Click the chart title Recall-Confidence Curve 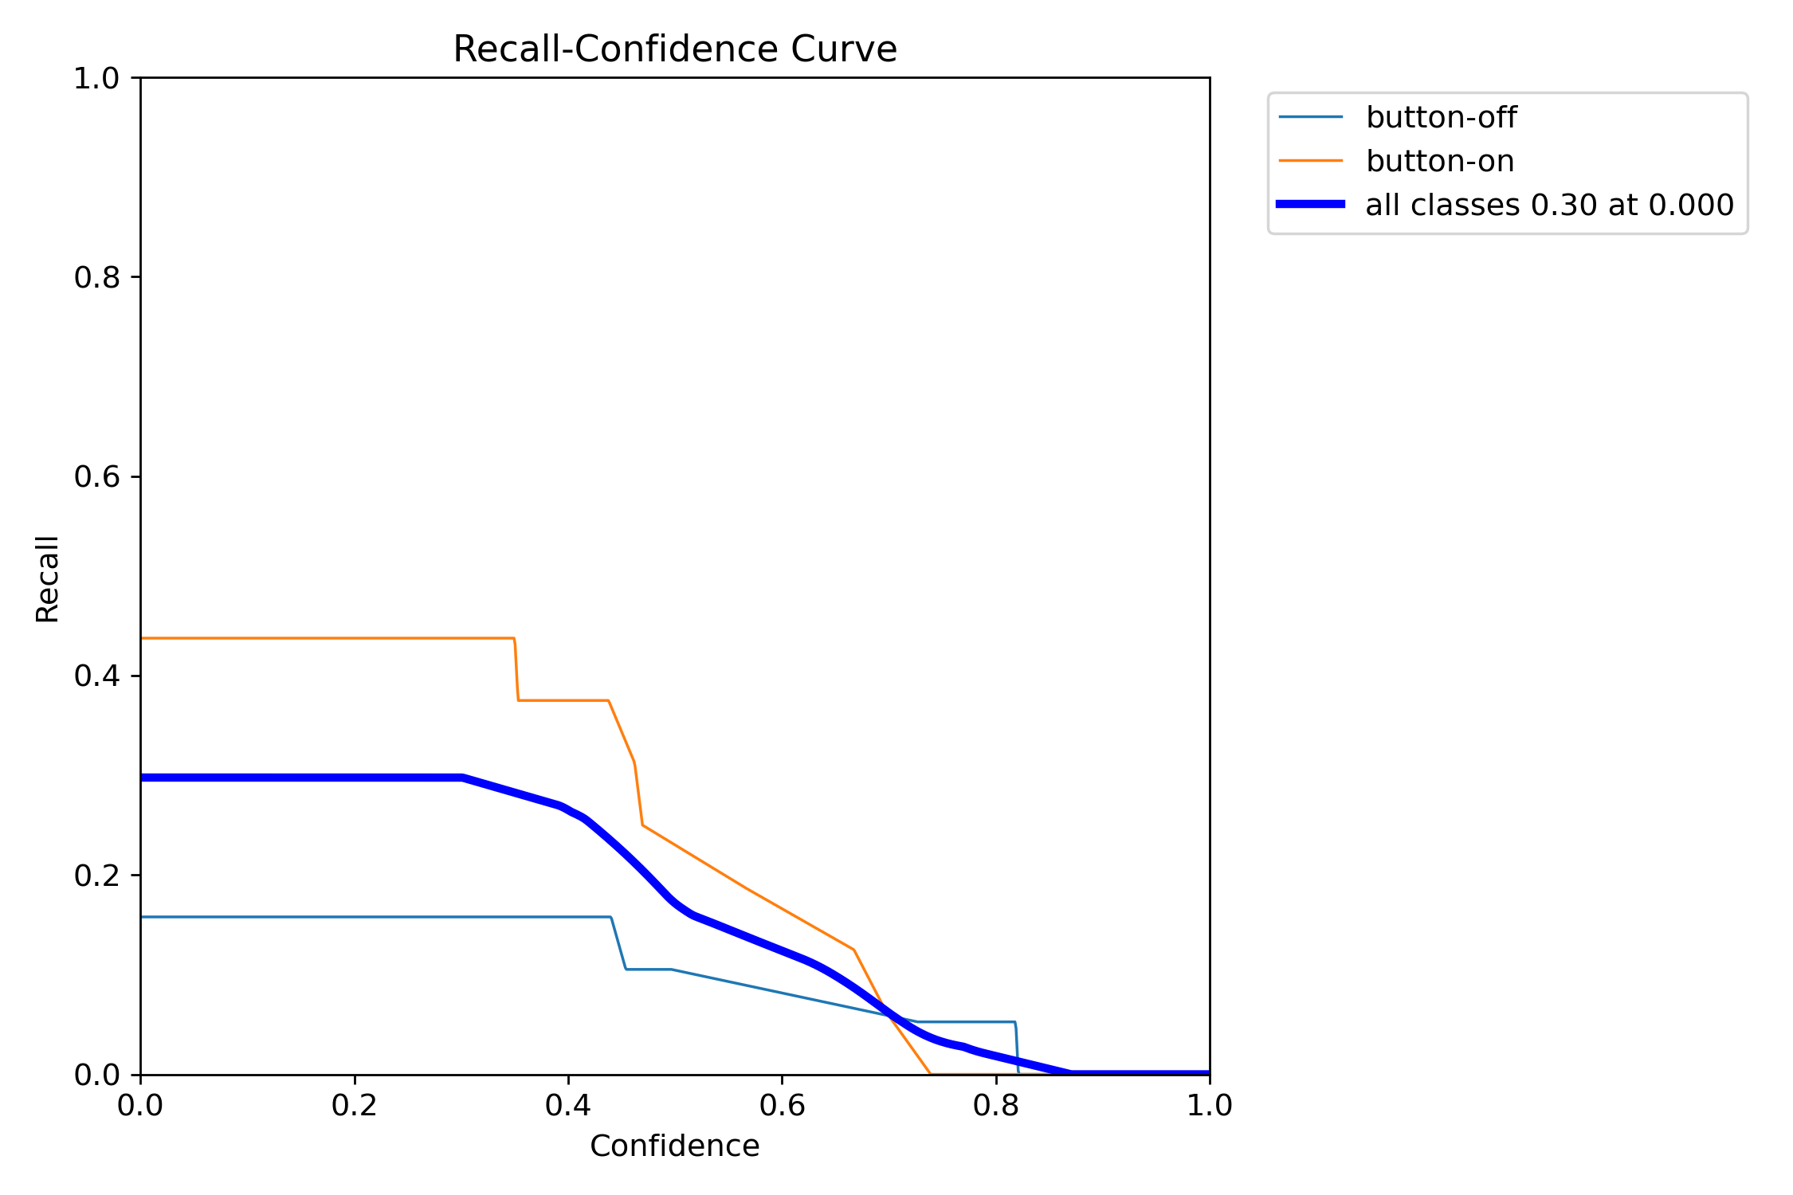click(x=674, y=49)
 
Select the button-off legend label click(x=1441, y=118)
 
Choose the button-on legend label click(x=1439, y=162)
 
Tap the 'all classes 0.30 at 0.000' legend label click(x=1549, y=206)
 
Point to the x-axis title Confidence click(x=674, y=1146)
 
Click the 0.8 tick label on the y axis click(x=96, y=277)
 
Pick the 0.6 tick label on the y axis click(x=96, y=476)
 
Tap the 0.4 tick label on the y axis click(x=96, y=676)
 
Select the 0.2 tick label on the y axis click(x=96, y=876)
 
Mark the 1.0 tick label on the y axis click(x=96, y=78)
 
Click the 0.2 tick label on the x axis click(x=354, y=1106)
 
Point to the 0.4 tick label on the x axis click(x=568, y=1106)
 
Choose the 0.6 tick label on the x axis click(x=782, y=1106)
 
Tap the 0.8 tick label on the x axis click(x=995, y=1106)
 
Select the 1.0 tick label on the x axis click(x=1209, y=1106)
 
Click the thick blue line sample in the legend click(x=1311, y=205)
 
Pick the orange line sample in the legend click(x=1311, y=161)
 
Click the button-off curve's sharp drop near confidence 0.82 click(x=1017, y=1048)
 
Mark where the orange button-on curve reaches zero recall click(x=931, y=1074)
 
